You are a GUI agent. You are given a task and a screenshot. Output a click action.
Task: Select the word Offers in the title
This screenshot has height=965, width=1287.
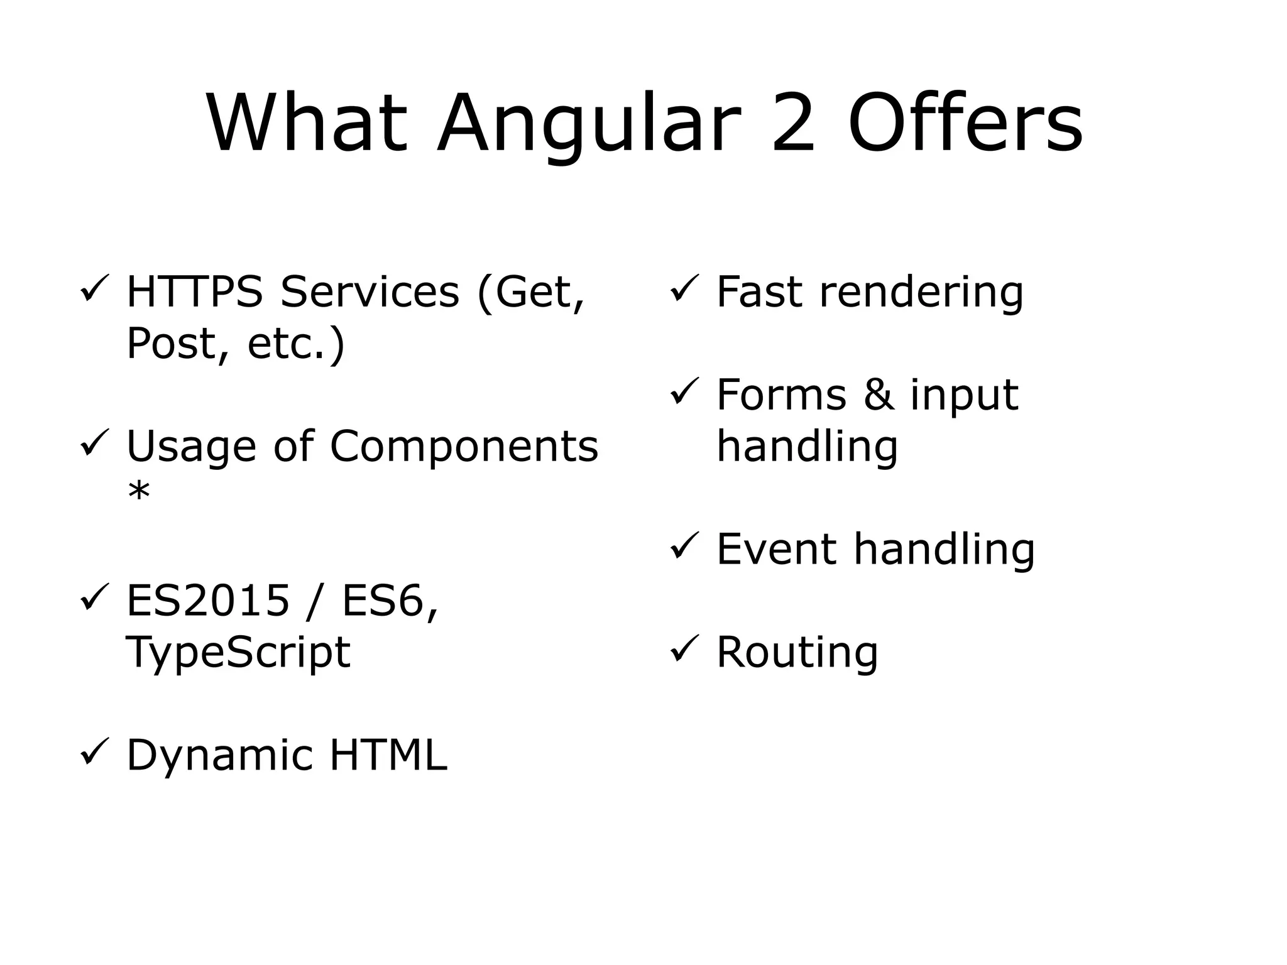click(x=965, y=123)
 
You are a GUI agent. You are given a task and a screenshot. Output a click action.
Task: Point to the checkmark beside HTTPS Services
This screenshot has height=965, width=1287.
click(x=94, y=290)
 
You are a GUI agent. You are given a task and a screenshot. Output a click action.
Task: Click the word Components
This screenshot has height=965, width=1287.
click(x=464, y=446)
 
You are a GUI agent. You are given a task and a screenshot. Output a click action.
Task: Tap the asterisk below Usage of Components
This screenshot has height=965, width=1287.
click(x=139, y=494)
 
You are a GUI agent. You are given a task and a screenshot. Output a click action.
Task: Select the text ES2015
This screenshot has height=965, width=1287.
click(x=208, y=601)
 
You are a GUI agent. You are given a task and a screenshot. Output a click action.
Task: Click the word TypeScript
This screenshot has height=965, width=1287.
click(x=238, y=652)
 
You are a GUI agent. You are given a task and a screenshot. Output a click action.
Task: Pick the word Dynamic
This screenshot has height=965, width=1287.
click(x=219, y=756)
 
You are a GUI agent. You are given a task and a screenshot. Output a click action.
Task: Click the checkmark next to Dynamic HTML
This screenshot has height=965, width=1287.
click(x=94, y=753)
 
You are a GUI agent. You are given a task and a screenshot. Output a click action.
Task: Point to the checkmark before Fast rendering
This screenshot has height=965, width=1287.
click(x=684, y=290)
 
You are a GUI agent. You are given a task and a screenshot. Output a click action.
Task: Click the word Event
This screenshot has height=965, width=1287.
click(x=777, y=549)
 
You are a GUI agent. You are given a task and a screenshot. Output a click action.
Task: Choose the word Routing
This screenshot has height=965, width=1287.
click(x=797, y=652)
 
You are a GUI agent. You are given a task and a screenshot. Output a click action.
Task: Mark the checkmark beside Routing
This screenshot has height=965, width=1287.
click(x=684, y=650)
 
